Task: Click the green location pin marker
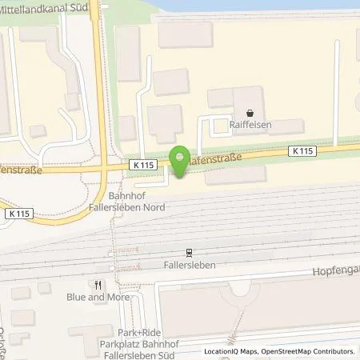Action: tap(180, 160)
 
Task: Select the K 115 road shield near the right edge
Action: tap(302, 151)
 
